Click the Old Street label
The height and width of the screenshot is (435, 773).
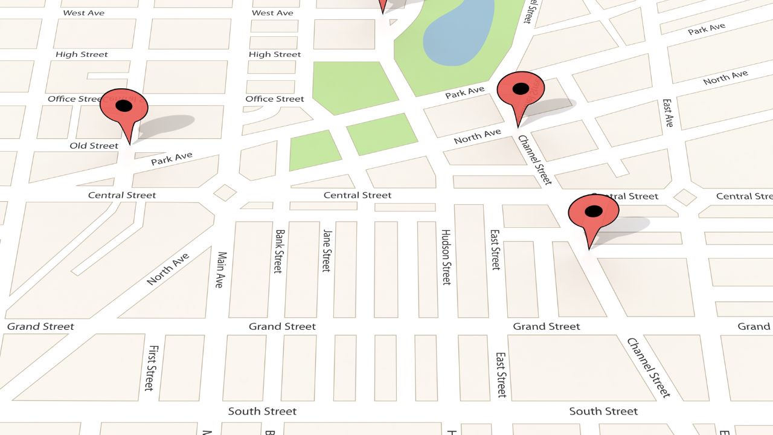(94, 146)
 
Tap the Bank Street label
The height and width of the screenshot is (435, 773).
(278, 251)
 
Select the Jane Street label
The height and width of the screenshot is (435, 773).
(327, 250)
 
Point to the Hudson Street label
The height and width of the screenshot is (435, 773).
(446, 257)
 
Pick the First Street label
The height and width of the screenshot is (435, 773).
(153, 367)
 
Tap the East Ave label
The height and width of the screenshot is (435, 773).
(667, 113)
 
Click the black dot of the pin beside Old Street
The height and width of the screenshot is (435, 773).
(124, 106)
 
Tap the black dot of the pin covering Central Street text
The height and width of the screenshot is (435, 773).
(594, 211)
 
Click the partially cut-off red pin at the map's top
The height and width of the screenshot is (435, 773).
(382, 5)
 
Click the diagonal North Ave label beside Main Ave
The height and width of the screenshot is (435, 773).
(168, 269)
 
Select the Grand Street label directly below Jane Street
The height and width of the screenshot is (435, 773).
(282, 326)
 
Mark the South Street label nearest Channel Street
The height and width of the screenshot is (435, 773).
(603, 411)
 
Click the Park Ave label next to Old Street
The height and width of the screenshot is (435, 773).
(172, 159)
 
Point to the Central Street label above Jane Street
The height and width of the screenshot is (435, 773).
(358, 195)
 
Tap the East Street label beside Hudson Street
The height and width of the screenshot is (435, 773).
(495, 249)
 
